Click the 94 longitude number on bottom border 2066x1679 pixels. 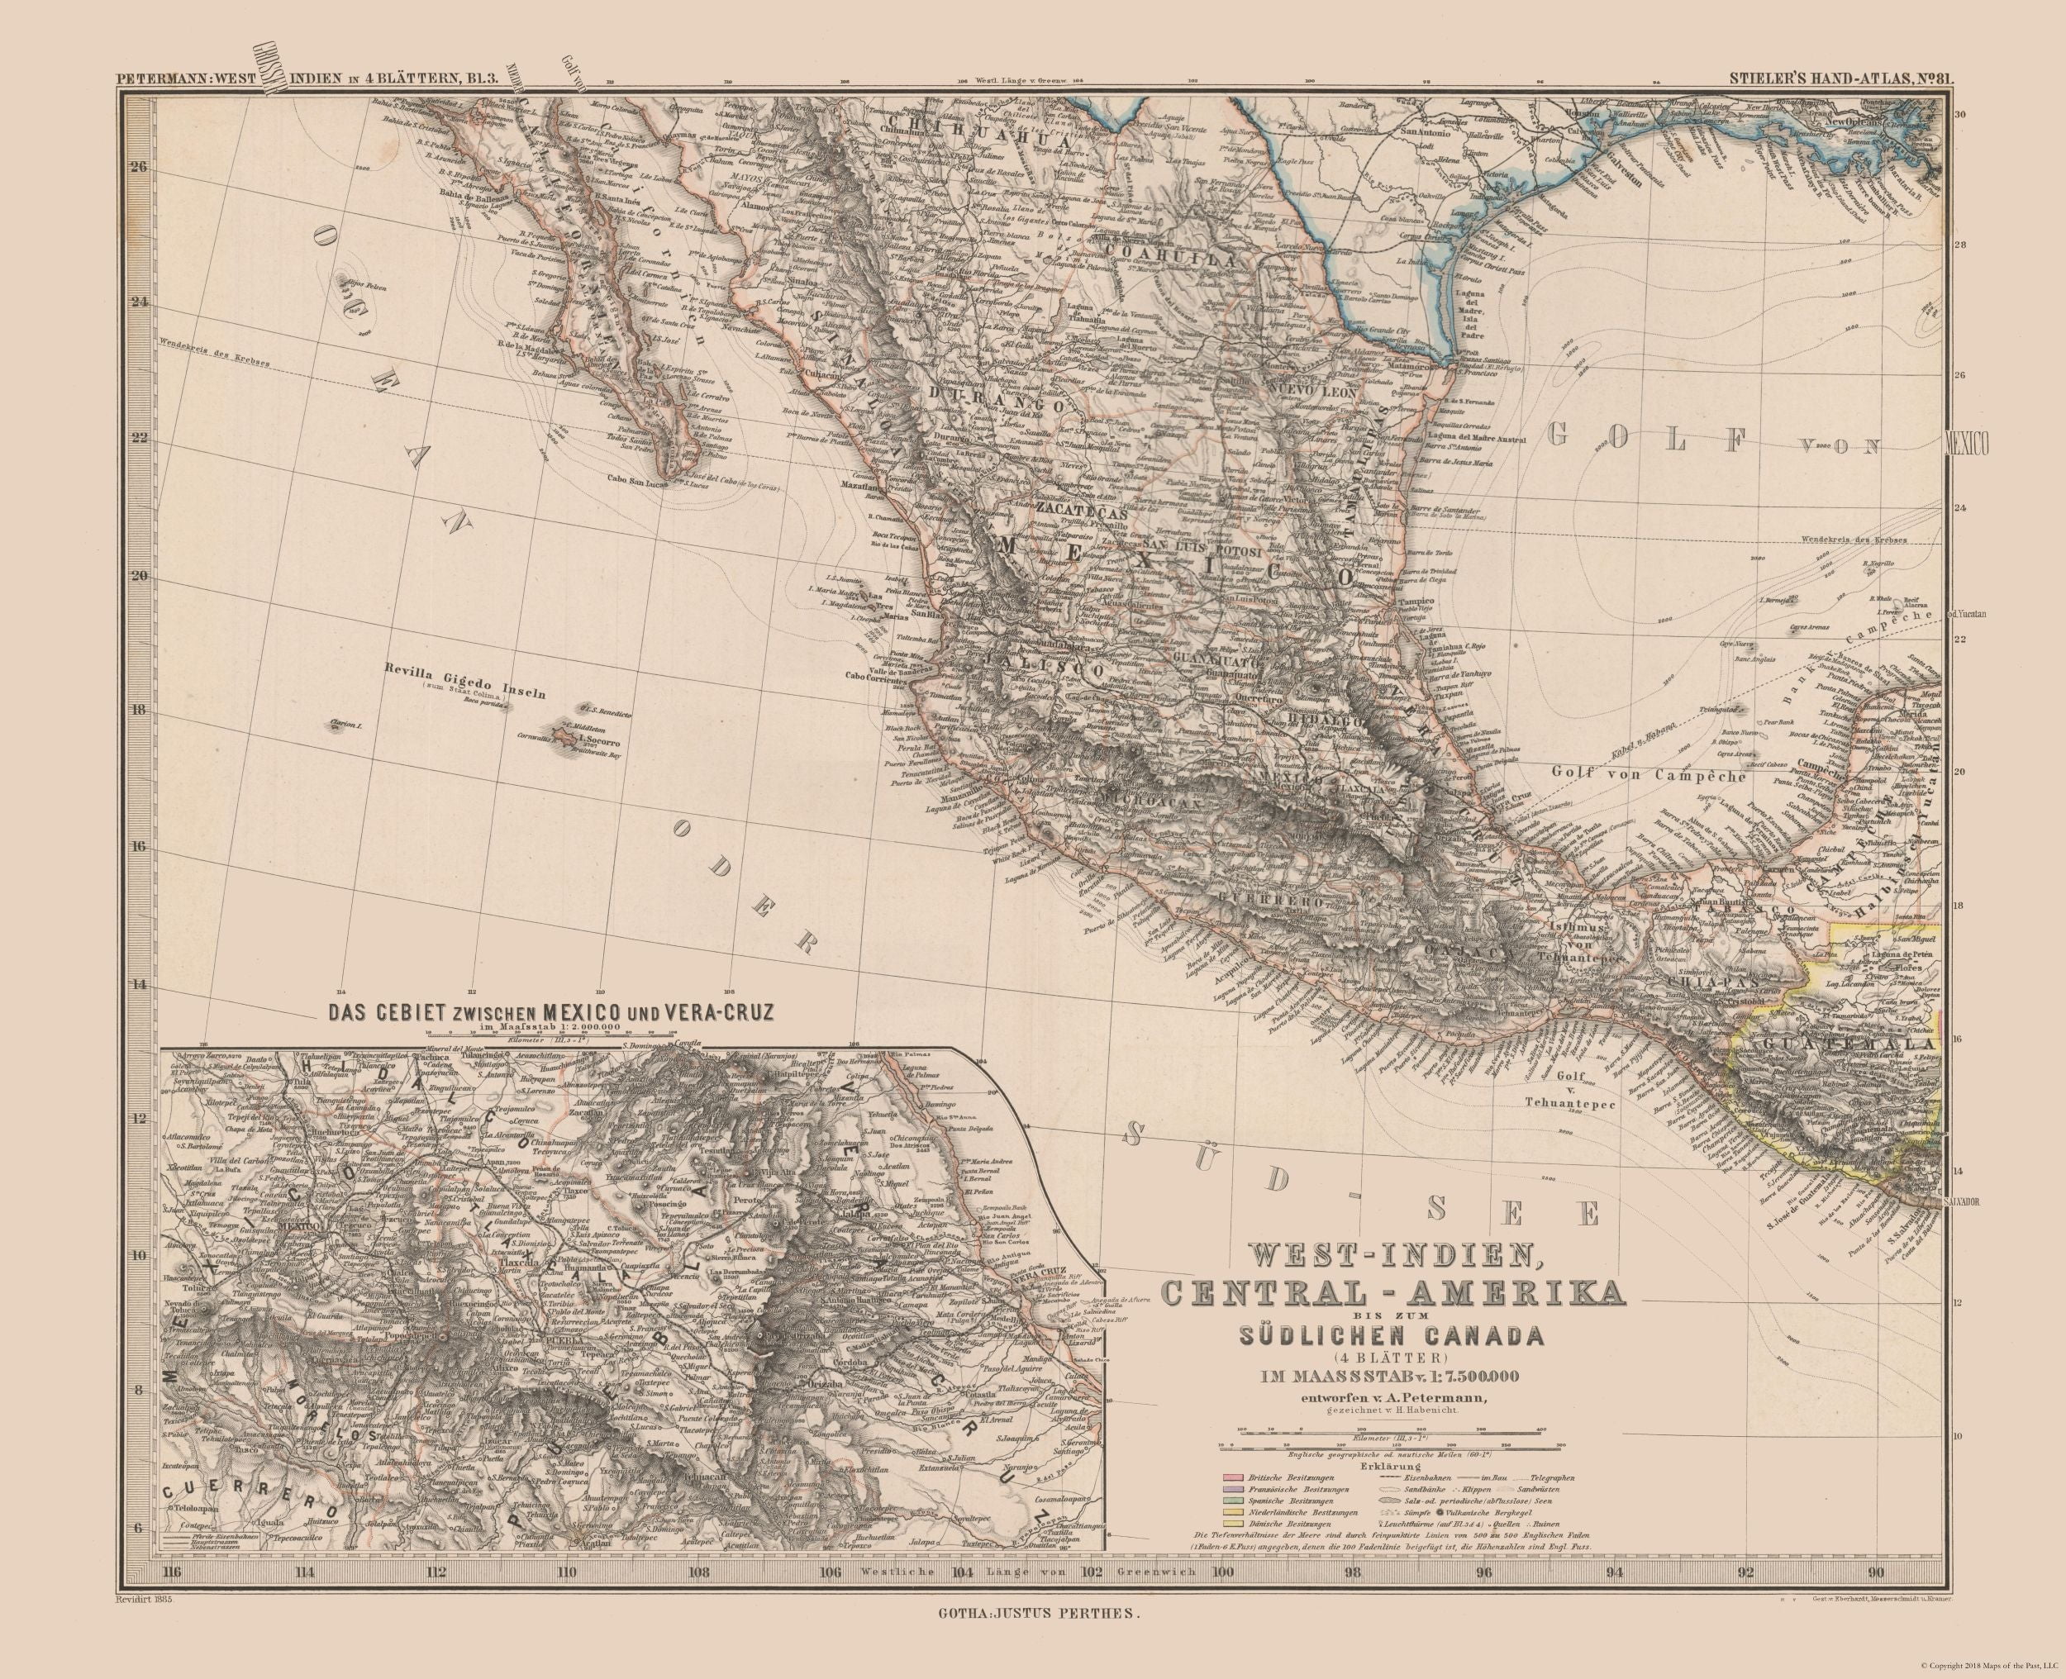(x=1612, y=1598)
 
